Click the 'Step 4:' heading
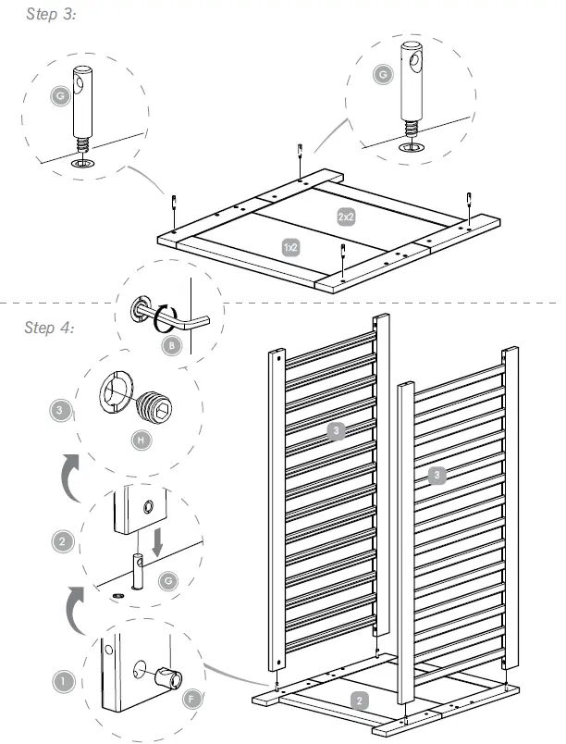tap(52, 328)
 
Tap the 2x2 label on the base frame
tap(346, 216)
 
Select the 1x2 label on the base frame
tap(290, 248)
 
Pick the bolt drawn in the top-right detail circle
tap(411, 93)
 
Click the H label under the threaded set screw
tap(141, 440)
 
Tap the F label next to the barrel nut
tap(191, 700)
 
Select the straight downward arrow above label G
tap(157, 541)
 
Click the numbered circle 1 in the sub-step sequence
tap(63, 682)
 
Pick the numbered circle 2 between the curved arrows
tap(63, 542)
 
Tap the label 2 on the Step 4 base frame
tap(359, 700)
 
